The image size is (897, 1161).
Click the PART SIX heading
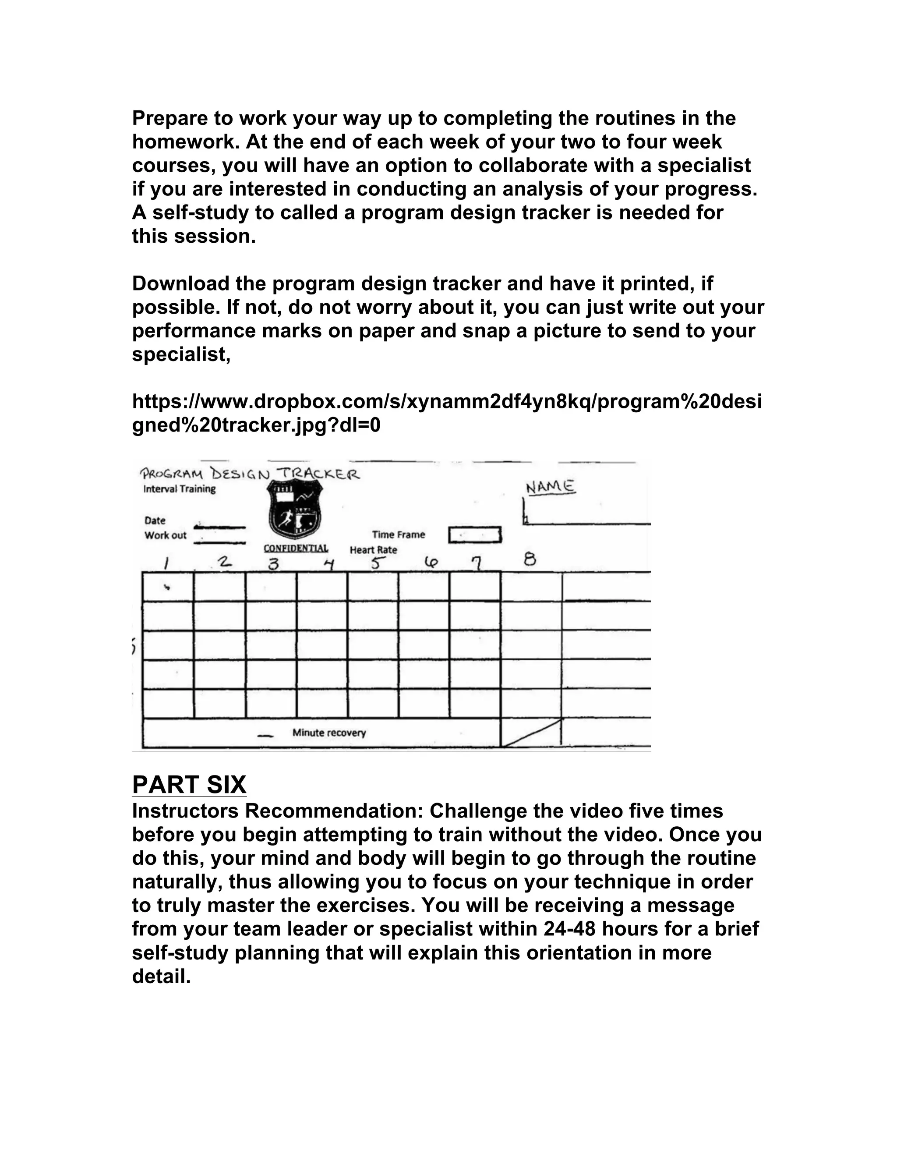189,785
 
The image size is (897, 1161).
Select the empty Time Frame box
474,535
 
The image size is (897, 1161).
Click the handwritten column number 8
530,559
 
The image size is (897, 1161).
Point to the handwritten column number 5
376,563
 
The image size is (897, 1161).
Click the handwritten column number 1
166,563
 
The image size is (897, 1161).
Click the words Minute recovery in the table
329,733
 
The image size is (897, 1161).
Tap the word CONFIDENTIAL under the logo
296,548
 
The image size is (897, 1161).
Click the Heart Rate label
373,550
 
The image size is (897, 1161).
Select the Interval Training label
179,488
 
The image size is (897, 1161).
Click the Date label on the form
155,520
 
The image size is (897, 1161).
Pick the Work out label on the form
165,535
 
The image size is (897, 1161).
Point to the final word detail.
160,976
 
